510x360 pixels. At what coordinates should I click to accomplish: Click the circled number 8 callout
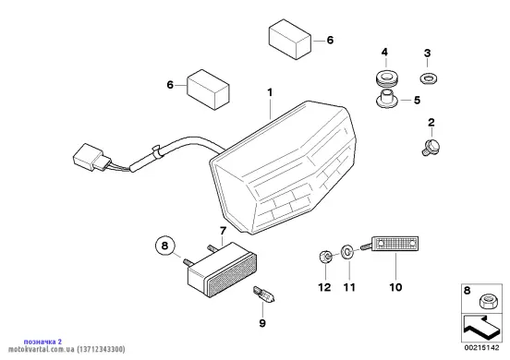point(164,245)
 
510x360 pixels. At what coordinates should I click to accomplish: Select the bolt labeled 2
point(431,147)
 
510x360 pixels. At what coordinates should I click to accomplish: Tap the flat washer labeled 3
point(428,78)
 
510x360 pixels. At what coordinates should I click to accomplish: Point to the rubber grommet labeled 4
point(386,79)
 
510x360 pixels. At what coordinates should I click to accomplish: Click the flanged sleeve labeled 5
point(387,99)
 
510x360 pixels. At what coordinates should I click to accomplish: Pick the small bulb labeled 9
point(263,294)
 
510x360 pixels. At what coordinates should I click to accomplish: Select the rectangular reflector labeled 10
point(395,244)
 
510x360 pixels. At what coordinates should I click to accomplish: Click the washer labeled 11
point(346,252)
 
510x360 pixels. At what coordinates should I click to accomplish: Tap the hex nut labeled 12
point(325,257)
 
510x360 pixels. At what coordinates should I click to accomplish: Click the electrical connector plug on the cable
point(92,157)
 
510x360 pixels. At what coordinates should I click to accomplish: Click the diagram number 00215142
point(481,348)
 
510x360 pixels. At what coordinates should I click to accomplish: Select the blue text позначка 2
point(42,342)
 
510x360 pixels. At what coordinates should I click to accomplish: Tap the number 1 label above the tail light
point(270,92)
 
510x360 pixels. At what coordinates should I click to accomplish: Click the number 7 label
point(223,231)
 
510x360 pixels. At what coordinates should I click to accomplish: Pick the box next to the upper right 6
point(290,40)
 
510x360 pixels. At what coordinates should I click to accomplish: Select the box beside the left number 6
point(208,90)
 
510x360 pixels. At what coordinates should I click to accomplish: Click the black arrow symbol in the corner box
point(481,327)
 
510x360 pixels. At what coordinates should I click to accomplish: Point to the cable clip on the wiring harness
point(157,151)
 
